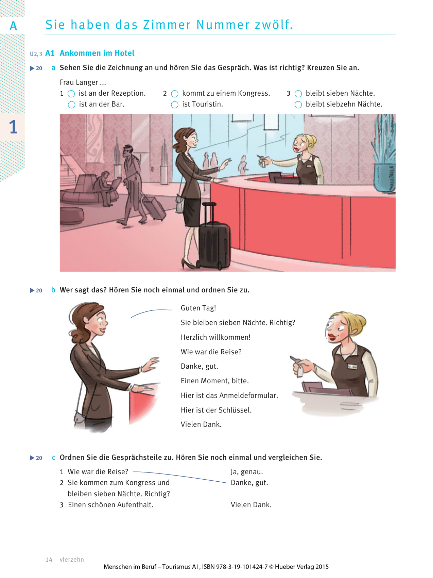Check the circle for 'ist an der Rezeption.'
(x=71, y=94)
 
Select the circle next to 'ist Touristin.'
(x=175, y=105)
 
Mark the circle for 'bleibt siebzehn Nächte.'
(x=298, y=105)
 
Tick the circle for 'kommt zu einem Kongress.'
(x=175, y=94)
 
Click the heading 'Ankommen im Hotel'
(x=97, y=53)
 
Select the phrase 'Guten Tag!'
(x=198, y=308)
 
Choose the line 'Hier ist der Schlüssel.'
(x=216, y=410)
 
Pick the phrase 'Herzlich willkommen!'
(x=215, y=337)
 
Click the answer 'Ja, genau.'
(x=247, y=472)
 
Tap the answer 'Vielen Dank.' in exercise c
(x=251, y=505)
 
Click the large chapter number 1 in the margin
(x=13, y=127)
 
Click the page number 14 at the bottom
(x=49, y=559)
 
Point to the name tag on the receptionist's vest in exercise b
(x=352, y=367)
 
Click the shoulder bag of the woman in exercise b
(x=79, y=417)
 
